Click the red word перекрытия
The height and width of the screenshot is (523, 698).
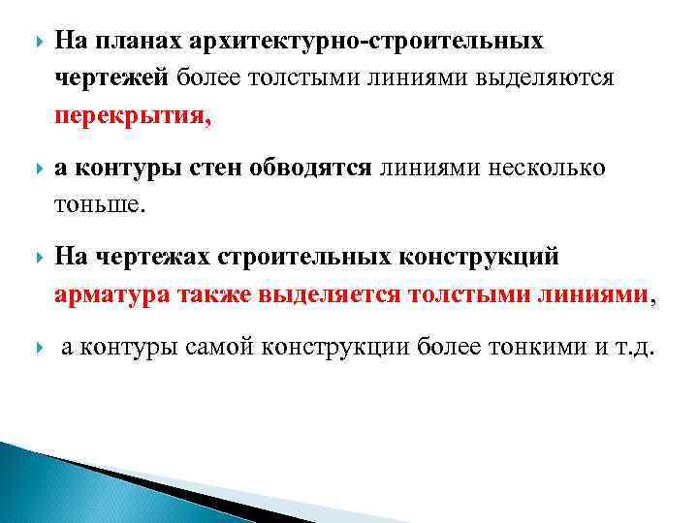coord(131,116)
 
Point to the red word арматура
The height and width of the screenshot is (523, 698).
coord(112,295)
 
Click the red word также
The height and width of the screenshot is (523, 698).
coord(215,295)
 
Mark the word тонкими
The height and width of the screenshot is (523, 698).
coord(527,348)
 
